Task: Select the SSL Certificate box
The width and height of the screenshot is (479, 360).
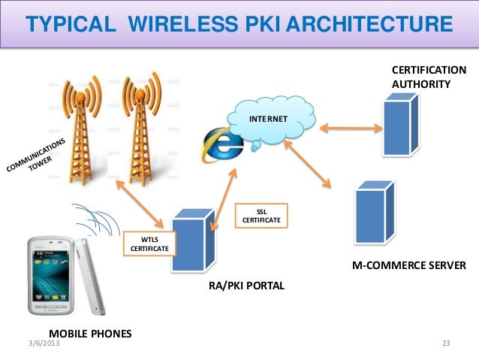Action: [x=258, y=216]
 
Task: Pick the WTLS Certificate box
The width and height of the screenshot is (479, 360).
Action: [x=149, y=244]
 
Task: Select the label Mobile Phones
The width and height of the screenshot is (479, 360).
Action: [x=89, y=332]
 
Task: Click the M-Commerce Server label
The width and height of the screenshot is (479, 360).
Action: [x=408, y=265]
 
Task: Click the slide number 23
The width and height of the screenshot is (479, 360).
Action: [x=446, y=344]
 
